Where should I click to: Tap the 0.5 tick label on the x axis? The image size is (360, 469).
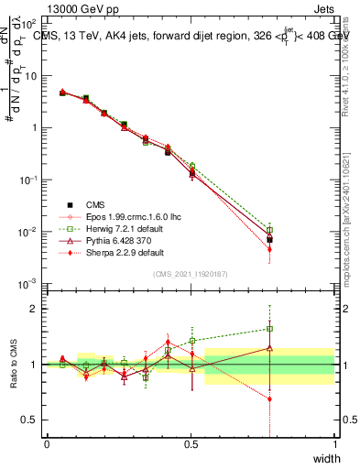click(191, 443)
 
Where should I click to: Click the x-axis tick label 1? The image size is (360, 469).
click(334, 443)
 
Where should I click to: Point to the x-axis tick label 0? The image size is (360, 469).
click(47, 443)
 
